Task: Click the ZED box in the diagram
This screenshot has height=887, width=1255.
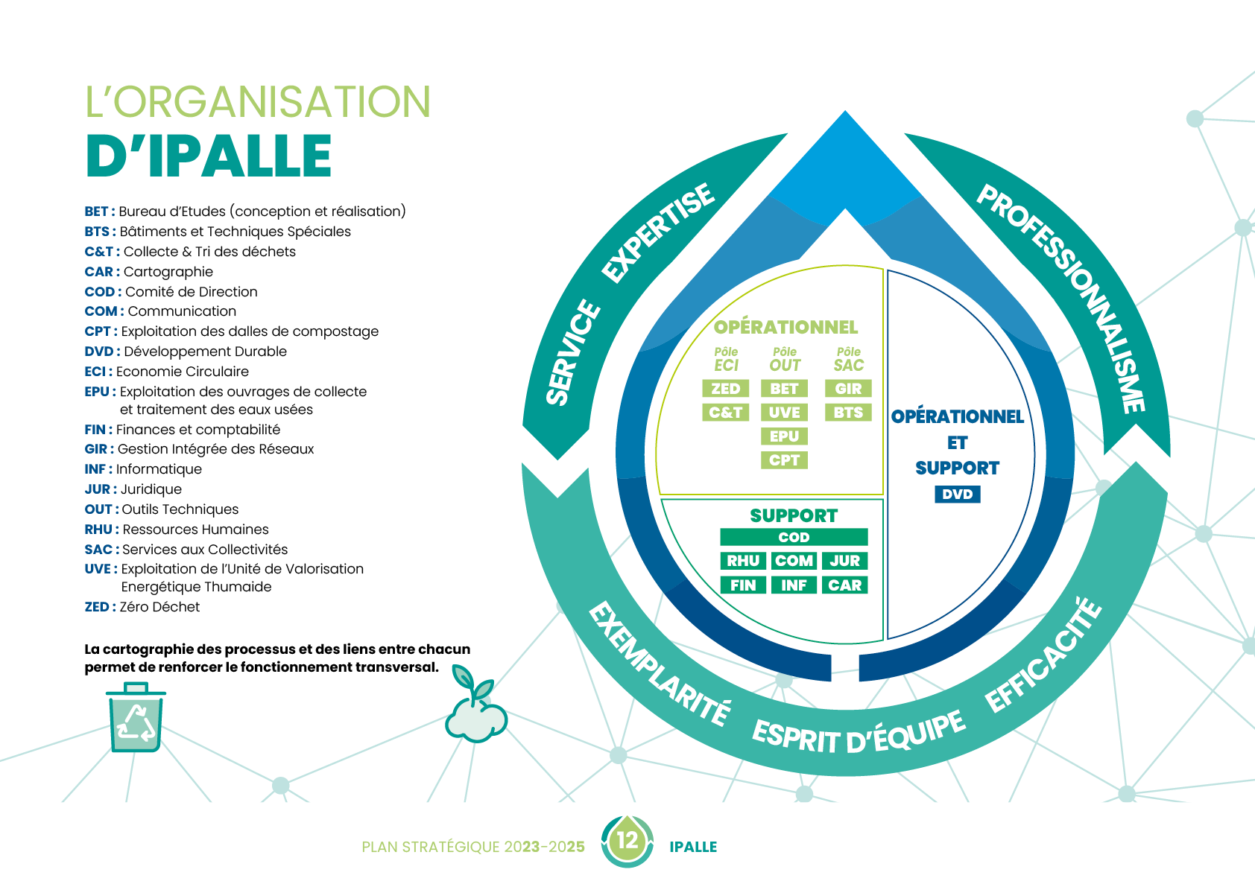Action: [x=725, y=389]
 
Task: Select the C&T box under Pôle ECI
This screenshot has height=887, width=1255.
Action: [x=725, y=413]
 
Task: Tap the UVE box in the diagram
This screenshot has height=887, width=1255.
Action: [x=784, y=413]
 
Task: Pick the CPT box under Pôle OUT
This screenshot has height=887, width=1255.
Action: [x=784, y=460]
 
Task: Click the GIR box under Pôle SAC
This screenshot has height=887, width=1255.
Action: [x=848, y=389]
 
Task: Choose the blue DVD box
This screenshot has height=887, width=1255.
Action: [x=957, y=495]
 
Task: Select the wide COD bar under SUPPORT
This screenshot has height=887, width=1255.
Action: [x=794, y=537]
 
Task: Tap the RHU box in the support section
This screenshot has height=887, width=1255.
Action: [x=743, y=561]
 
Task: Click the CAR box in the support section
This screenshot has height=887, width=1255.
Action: [x=844, y=585]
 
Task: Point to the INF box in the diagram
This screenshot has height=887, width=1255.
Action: [x=794, y=585]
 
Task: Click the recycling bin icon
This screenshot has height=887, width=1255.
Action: [x=135, y=718]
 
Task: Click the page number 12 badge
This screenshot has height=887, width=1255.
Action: [x=627, y=841]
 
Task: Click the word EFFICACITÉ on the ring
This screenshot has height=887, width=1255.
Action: [x=1043, y=655]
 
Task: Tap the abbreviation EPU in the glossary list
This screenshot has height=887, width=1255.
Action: [x=97, y=392]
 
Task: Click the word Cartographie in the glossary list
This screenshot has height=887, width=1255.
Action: [x=168, y=272]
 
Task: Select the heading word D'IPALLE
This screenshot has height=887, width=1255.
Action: [x=209, y=156]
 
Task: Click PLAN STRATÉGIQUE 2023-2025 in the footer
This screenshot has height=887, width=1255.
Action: [x=472, y=847]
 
